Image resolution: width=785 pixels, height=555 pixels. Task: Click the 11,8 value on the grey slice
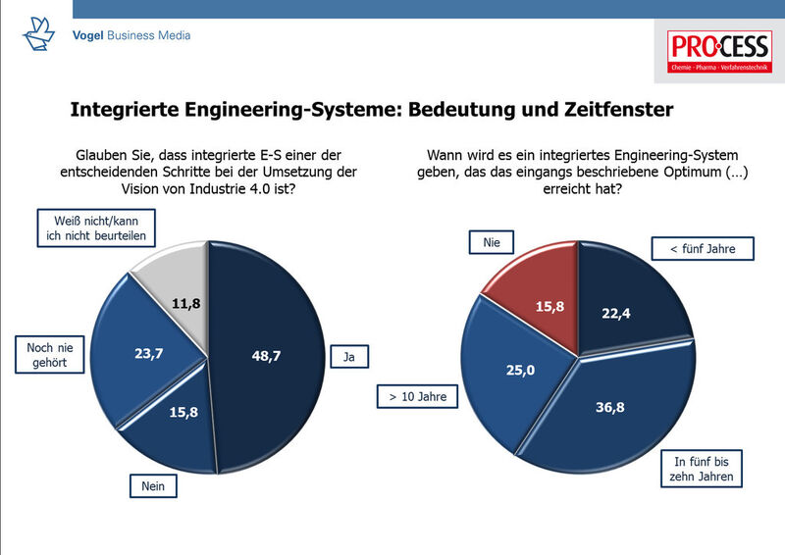tap(185, 303)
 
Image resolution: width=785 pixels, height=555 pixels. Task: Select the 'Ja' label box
tap(348, 357)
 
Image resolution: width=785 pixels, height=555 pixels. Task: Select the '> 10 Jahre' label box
tap(412, 398)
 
